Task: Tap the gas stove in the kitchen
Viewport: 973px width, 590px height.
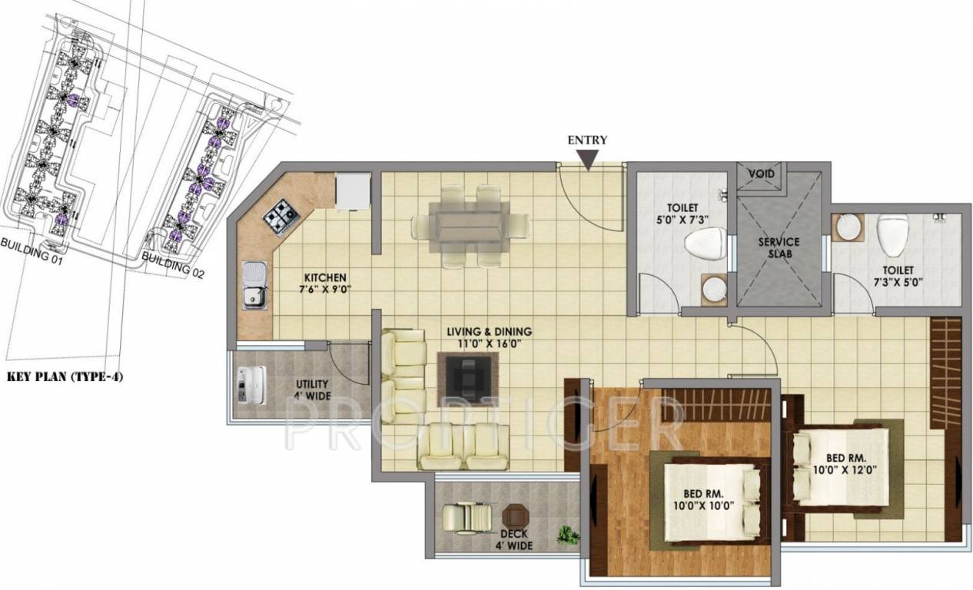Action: point(281,217)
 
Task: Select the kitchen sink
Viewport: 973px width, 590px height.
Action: point(255,285)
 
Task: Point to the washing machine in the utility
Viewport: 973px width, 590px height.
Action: point(251,385)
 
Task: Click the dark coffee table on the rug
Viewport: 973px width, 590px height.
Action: point(467,380)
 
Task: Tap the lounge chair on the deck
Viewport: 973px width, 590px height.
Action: point(468,516)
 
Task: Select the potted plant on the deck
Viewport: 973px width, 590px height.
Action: point(568,535)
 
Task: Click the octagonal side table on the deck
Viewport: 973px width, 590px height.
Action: point(516,516)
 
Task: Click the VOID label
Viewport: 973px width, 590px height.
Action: point(761,174)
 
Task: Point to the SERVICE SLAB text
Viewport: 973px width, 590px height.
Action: point(779,247)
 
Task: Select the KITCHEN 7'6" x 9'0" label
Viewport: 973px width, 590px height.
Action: point(325,283)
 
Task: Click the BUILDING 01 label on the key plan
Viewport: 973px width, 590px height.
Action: point(32,251)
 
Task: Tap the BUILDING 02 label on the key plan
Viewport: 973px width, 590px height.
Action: point(173,265)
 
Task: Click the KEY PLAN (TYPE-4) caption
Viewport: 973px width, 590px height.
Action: point(65,376)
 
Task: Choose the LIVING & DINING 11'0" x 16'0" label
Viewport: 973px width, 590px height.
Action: point(490,338)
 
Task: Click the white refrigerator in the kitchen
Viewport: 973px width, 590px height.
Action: point(353,191)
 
